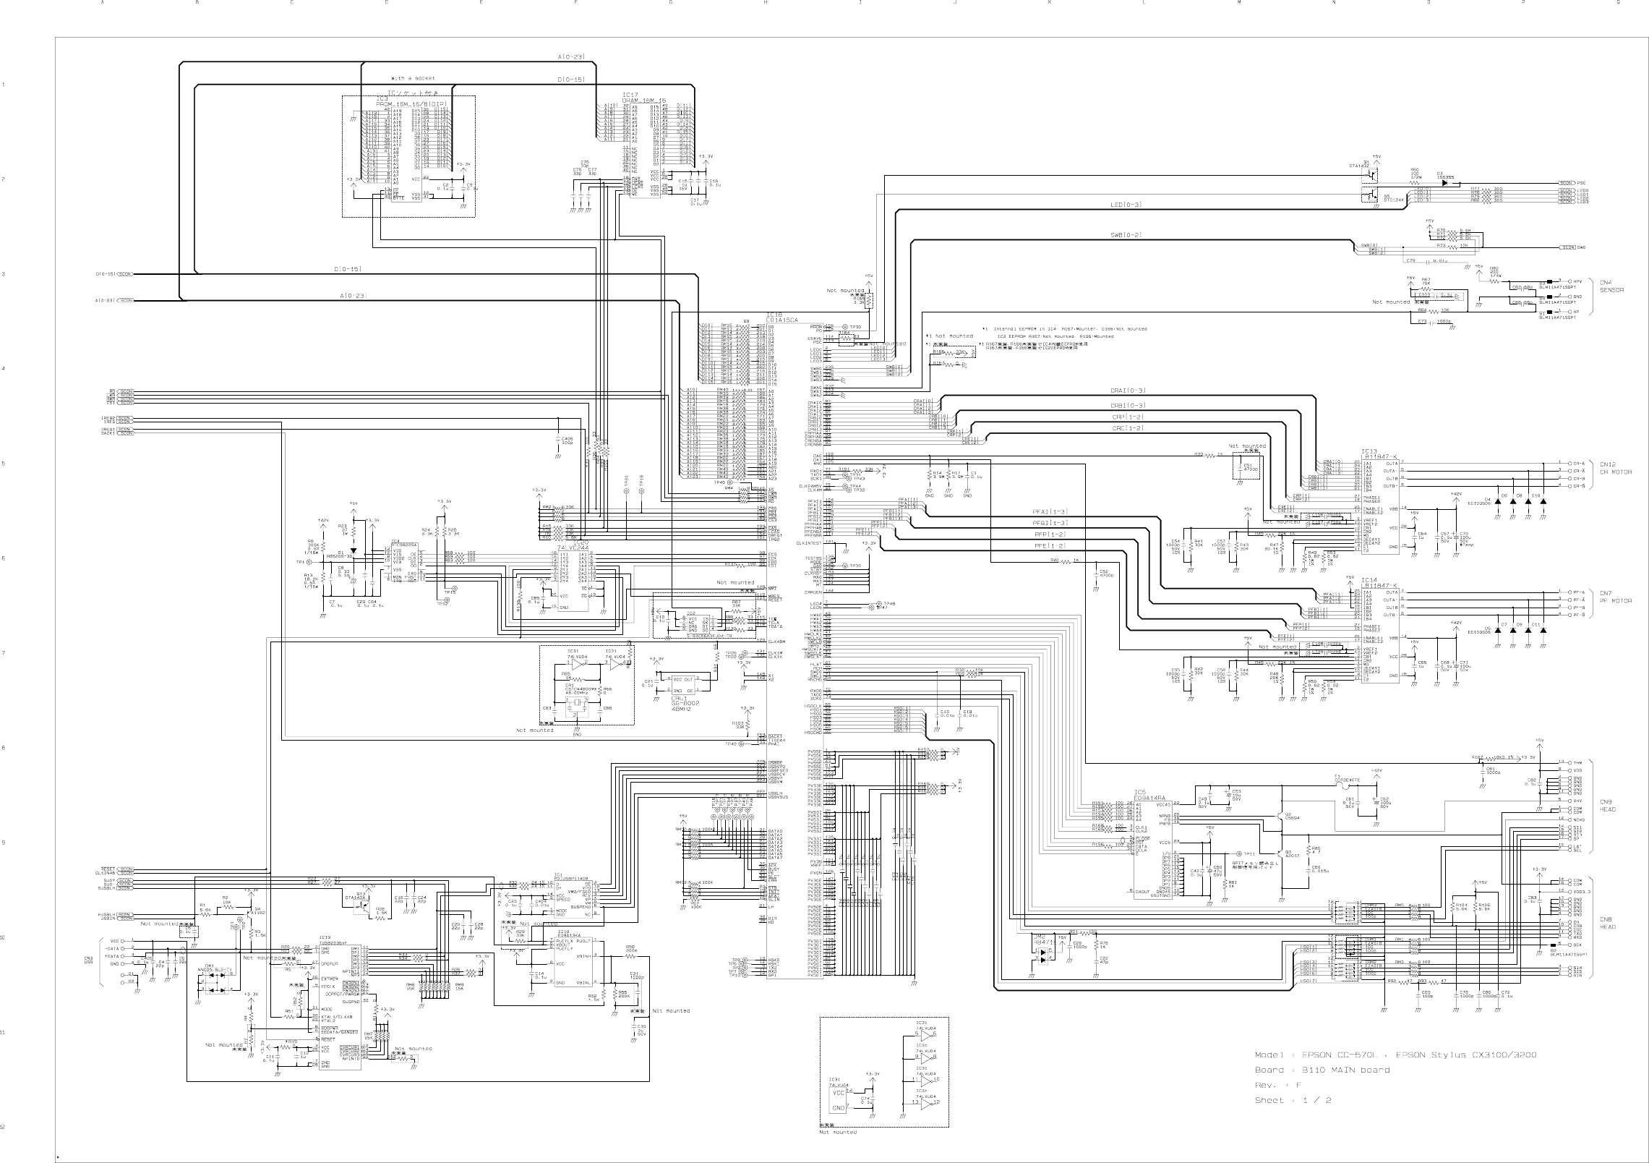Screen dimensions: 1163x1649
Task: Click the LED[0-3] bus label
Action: pyautogui.click(x=1126, y=205)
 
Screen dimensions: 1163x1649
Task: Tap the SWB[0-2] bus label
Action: pyautogui.click(x=1126, y=236)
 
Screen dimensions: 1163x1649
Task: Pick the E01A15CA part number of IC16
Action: pyautogui.click(x=782, y=320)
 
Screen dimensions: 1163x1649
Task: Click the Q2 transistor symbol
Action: pyautogui.click(x=1281, y=815)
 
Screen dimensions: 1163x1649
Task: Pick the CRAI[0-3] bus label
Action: pyautogui.click(x=1127, y=391)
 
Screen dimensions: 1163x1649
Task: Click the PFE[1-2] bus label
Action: pyautogui.click(x=1050, y=546)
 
